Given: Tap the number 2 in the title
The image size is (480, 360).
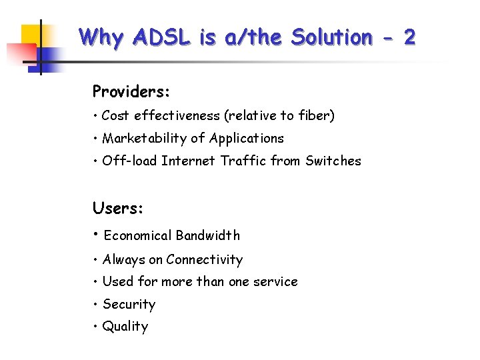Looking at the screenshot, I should [409, 37].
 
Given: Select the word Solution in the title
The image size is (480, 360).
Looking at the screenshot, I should [331, 37].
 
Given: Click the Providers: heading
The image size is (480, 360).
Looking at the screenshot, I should [131, 91].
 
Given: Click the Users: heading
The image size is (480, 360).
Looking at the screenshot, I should [118, 208].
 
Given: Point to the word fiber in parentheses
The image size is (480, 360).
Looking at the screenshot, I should [315, 116].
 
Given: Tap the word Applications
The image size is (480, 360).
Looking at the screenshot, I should [247, 139].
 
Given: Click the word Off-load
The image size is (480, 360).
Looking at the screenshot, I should [129, 161].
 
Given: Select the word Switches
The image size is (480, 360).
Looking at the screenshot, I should [333, 161].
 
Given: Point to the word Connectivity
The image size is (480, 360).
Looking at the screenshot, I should [205, 260].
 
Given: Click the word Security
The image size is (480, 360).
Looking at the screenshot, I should [129, 305].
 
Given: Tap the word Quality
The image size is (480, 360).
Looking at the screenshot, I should [125, 327].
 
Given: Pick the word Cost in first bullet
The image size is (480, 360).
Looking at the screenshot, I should [115, 116].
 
